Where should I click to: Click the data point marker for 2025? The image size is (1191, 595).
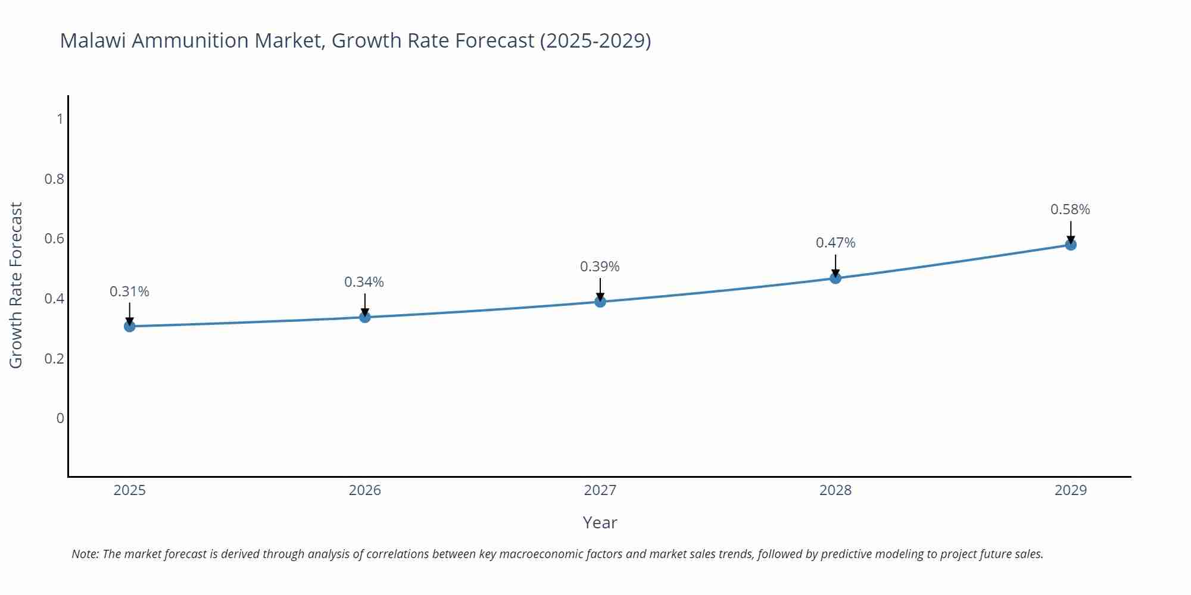tap(130, 326)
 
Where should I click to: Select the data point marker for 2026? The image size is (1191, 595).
tap(365, 317)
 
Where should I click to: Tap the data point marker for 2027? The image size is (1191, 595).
tap(600, 302)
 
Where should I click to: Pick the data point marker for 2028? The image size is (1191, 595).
tap(835, 278)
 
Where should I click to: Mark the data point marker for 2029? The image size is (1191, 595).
tap(1071, 245)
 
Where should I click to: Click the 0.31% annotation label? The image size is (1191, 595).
tap(130, 292)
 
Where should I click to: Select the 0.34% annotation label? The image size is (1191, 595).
tap(364, 282)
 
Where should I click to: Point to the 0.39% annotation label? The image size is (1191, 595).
tap(600, 267)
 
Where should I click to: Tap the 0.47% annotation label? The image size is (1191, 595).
tap(835, 243)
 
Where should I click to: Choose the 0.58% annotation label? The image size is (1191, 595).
tap(1070, 209)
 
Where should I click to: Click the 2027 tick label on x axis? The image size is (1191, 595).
tap(600, 490)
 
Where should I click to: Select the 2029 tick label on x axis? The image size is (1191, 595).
tap(1071, 490)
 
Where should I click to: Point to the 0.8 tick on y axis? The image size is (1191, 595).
tap(54, 178)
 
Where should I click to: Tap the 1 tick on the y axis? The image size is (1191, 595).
tap(60, 119)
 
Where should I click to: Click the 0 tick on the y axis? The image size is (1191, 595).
tap(60, 418)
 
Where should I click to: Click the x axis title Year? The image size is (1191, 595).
tap(600, 522)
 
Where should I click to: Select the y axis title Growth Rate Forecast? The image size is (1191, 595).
tap(16, 285)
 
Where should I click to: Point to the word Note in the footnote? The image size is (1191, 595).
tap(85, 554)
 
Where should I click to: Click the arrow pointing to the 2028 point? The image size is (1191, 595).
tap(835, 266)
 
